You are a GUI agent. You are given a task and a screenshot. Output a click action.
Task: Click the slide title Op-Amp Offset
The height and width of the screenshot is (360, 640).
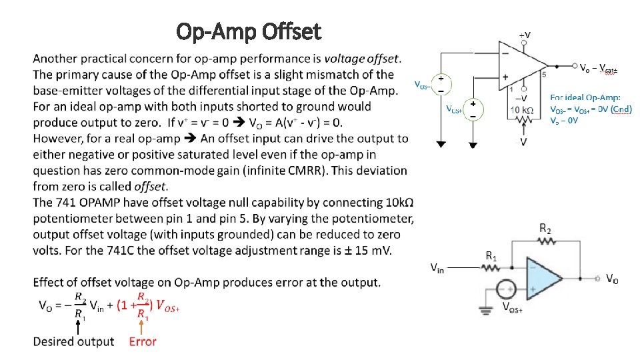[x=248, y=31]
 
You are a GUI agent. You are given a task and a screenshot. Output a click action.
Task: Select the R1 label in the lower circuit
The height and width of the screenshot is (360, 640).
[x=491, y=255]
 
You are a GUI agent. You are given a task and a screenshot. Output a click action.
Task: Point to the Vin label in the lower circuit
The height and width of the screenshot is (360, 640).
[x=437, y=268]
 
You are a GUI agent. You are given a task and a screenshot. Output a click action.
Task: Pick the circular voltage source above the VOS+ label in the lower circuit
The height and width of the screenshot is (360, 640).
[x=506, y=290]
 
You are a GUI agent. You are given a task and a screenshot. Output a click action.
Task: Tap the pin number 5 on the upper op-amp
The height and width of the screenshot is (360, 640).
[x=544, y=75]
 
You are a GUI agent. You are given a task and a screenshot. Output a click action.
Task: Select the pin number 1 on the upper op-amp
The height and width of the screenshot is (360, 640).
[x=511, y=89]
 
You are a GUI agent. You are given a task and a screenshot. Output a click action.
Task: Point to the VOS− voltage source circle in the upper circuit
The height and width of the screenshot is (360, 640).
[x=441, y=85]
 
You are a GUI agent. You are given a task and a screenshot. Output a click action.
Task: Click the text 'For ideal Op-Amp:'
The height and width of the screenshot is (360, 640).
[x=585, y=98]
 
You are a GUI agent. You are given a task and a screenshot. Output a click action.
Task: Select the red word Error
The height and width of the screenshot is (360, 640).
[x=143, y=342]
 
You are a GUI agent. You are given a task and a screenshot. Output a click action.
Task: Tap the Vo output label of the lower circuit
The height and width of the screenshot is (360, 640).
[x=612, y=278]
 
